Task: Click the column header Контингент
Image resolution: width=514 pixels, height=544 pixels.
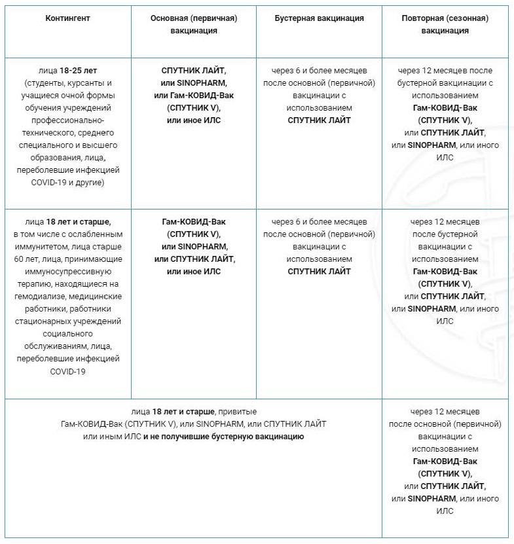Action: coord(68,18)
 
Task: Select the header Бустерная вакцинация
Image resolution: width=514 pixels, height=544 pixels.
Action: coord(319,18)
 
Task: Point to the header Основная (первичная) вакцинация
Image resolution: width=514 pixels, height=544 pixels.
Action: coord(193,24)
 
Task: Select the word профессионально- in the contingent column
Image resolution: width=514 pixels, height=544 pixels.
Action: coord(68,120)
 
